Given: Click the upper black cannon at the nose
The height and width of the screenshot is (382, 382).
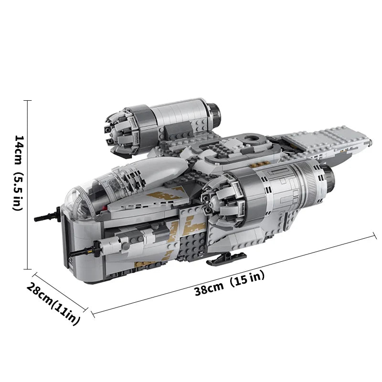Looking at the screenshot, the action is [x=47, y=215].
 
